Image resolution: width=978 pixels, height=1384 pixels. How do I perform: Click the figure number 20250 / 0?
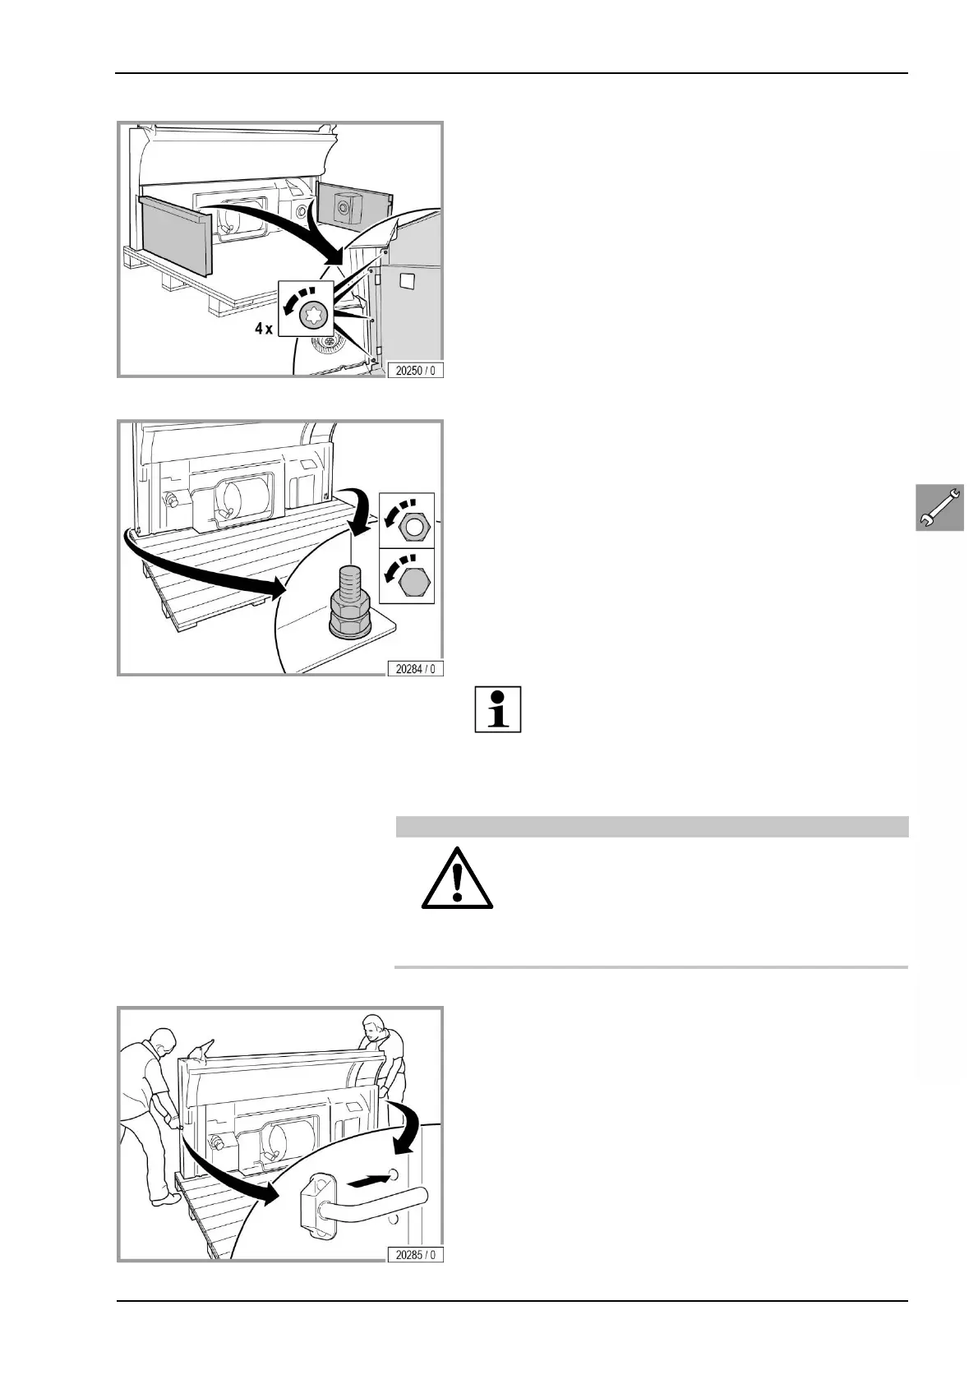pyautogui.click(x=416, y=370)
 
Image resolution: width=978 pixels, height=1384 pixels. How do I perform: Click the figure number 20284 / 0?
pyautogui.click(x=416, y=668)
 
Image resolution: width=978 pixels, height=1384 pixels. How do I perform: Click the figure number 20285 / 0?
pyautogui.click(x=416, y=1254)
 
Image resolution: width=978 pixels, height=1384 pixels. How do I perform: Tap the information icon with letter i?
pyautogui.click(x=498, y=709)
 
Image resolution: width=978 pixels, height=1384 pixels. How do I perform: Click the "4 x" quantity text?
pyautogui.click(x=264, y=328)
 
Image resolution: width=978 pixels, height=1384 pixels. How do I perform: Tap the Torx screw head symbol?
pyautogui.click(x=311, y=314)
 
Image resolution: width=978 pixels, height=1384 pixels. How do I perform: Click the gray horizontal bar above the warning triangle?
pyautogui.click(x=652, y=826)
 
